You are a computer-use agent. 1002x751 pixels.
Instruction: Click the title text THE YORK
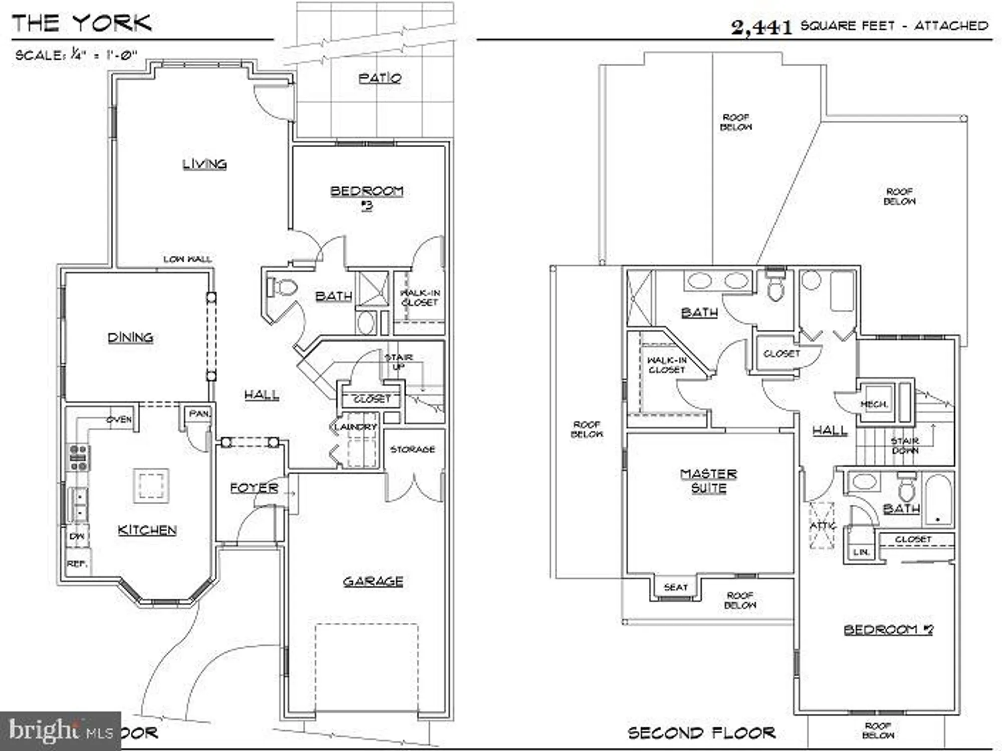click(82, 23)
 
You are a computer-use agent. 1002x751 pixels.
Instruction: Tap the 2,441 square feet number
click(762, 27)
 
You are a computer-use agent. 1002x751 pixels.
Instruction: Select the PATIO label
click(380, 78)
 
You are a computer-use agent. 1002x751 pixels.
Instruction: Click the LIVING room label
click(204, 164)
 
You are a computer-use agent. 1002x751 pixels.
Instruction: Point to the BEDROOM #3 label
click(367, 197)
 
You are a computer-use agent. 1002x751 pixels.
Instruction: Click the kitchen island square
click(151, 485)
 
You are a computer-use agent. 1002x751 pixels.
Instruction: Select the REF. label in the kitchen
click(77, 564)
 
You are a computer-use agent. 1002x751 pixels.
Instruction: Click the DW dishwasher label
click(77, 536)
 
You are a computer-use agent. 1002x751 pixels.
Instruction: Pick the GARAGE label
click(373, 581)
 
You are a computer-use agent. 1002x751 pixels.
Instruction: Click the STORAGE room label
click(412, 449)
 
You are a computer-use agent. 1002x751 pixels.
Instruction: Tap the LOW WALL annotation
click(187, 259)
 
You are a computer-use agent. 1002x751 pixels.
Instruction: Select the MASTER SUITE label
click(708, 481)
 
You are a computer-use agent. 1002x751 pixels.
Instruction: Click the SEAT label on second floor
click(675, 587)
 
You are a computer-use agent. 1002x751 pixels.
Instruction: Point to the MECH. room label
click(874, 404)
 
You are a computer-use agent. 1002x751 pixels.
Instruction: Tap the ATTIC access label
click(823, 526)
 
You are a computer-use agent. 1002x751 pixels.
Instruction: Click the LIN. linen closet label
click(861, 552)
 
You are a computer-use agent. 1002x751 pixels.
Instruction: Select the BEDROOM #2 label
click(888, 629)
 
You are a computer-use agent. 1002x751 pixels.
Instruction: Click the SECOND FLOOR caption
click(701, 733)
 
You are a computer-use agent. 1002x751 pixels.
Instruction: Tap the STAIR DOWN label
click(904, 446)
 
